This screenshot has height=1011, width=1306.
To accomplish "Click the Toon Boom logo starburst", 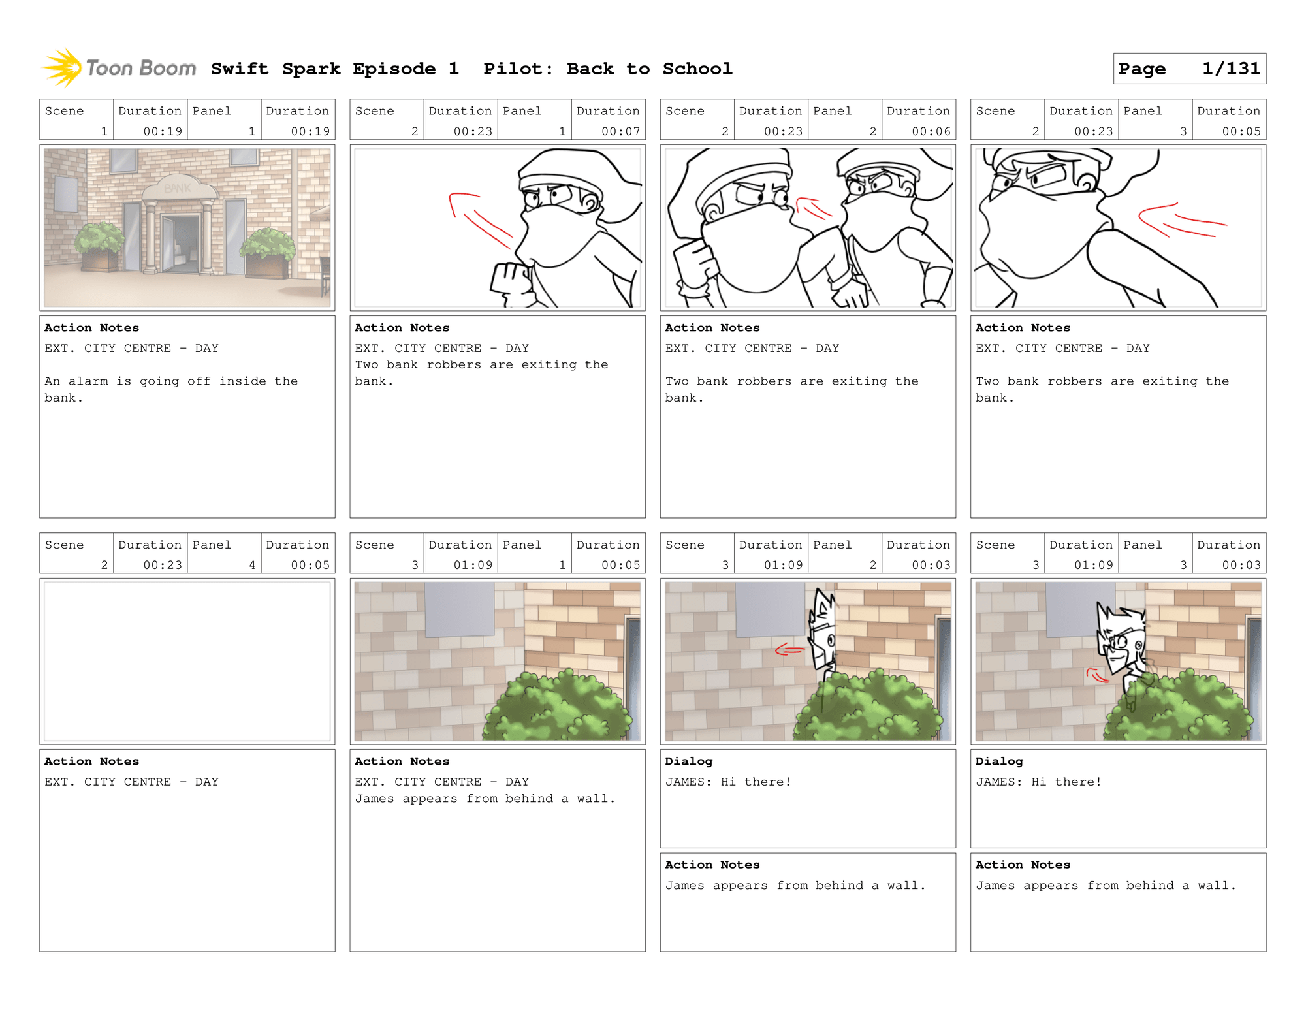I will click(63, 67).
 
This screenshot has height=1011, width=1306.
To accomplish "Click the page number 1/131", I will click(1230, 69).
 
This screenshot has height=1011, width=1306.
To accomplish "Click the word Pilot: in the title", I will click(518, 69).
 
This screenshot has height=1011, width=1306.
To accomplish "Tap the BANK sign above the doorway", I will click(178, 188).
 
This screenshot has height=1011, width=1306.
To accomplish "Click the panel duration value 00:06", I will click(931, 131).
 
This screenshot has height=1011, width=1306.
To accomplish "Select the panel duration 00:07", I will click(620, 131).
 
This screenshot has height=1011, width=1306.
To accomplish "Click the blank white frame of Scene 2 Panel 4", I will click(187, 661).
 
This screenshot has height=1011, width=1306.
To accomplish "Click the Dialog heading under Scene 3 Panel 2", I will click(688, 761).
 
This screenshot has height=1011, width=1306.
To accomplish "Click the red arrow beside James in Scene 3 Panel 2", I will click(789, 649).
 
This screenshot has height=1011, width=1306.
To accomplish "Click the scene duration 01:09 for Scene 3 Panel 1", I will click(473, 565).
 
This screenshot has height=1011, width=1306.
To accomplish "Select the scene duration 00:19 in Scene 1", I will click(163, 131).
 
